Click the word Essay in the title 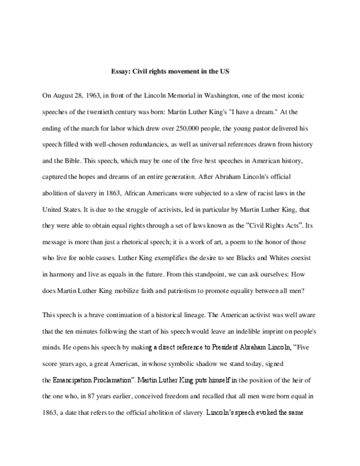120,72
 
